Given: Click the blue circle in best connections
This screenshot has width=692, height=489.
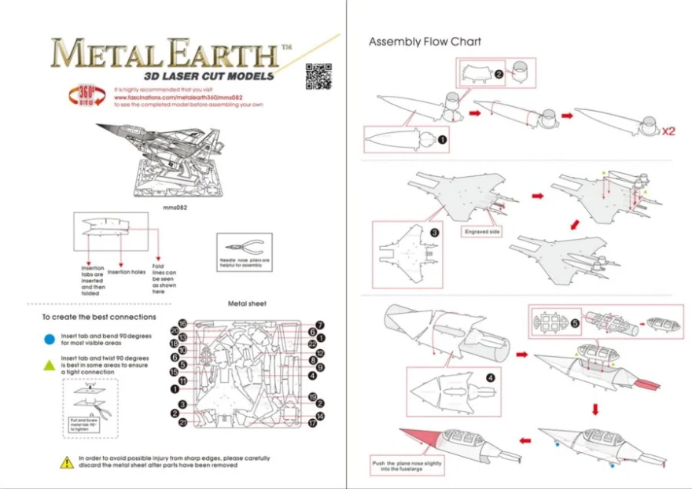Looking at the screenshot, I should (x=49, y=339).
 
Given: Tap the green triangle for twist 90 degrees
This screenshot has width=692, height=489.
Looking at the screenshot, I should (x=49, y=364).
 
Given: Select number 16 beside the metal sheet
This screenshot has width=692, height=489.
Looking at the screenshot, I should (x=182, y=324).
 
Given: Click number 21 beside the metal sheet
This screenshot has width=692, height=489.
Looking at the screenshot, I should (x=182, y=423).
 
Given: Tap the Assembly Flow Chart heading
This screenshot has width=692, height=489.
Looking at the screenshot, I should (x=425, y=42).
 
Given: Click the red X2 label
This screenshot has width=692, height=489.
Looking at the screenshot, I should (x=668, y=131).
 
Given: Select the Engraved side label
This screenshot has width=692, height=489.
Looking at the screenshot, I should (x=482, y=232).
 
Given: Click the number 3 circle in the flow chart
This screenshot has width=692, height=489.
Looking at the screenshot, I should (x=434, y=232).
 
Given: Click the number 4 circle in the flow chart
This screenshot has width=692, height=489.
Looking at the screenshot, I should (x=490, y=377).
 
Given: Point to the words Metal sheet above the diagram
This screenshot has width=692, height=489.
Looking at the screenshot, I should (x=247, y=303).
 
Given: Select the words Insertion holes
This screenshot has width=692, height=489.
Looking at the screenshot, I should (x=126, y=272).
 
